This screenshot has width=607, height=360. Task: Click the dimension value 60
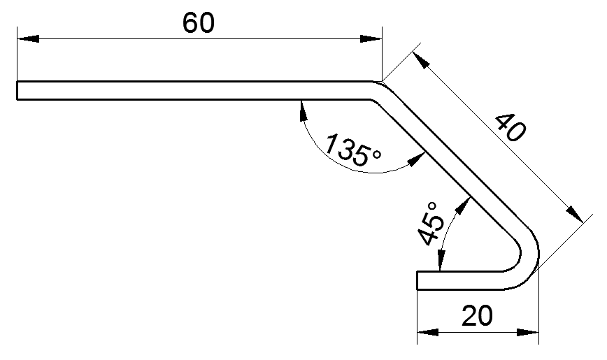199,23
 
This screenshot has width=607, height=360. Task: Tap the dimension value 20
477,316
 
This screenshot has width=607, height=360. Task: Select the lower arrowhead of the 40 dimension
576,214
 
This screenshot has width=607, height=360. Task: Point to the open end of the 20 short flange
418,280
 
